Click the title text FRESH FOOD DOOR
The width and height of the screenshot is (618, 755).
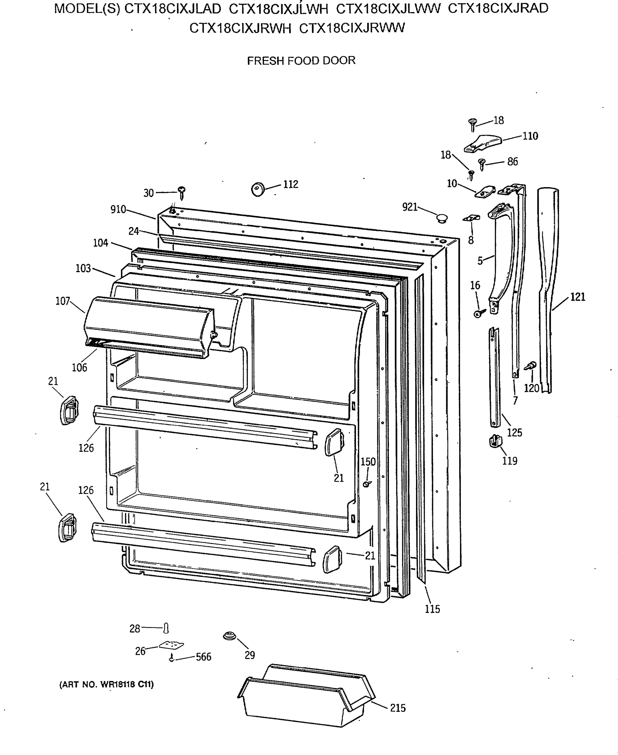[301, 60]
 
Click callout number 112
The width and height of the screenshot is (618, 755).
[290, 184]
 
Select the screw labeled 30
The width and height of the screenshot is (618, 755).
[182, 192]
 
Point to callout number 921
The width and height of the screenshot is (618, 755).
[410, 207]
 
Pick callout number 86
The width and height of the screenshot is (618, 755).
[512, 162]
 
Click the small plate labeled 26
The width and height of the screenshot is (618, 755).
[171, 645]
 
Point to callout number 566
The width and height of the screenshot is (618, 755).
[204, 657]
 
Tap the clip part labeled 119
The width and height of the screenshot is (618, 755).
[496, 441]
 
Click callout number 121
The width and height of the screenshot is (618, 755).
[577, 297]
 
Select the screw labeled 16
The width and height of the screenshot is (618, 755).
[479, 313]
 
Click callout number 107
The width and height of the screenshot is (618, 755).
[63, 301]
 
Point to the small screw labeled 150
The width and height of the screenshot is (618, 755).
[367, 484]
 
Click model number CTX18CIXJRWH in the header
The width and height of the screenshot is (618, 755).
[240, 28]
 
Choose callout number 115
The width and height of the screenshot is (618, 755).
[432, 609]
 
